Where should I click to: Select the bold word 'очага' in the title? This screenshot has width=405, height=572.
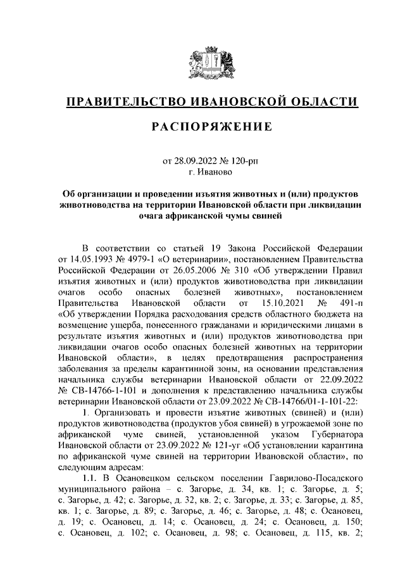[x=153, y=216]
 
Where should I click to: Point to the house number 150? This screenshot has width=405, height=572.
[x=355, y=528]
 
